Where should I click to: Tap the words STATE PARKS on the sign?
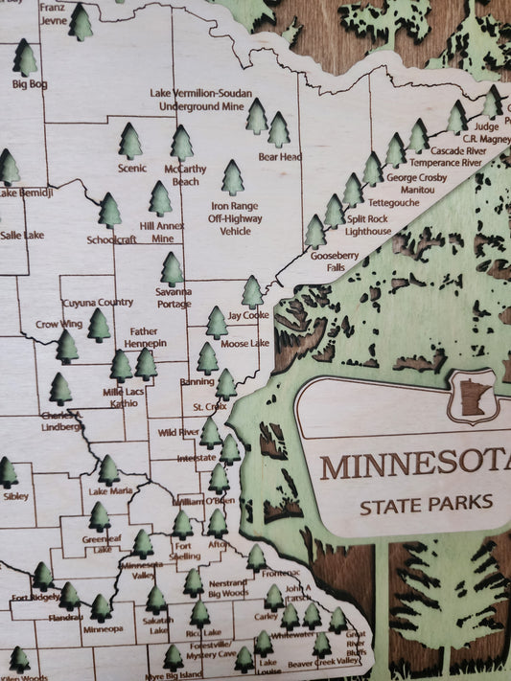[427, 503]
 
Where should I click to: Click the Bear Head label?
[280, 156]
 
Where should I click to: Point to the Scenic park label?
[131, 168]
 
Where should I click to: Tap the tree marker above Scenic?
[130, 142]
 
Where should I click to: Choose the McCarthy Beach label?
[185, 174]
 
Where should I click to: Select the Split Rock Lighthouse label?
[368, 225]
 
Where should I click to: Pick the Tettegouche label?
[393, 203]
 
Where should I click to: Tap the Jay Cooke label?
[248, 314]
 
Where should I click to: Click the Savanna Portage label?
[174, 297]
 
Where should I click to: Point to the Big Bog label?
[30, 83]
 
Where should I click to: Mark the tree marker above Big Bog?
[25, 58]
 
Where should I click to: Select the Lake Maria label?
[110, 491]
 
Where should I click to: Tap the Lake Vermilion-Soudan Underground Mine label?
[200, 100]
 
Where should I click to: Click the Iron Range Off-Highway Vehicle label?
[235, 217]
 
